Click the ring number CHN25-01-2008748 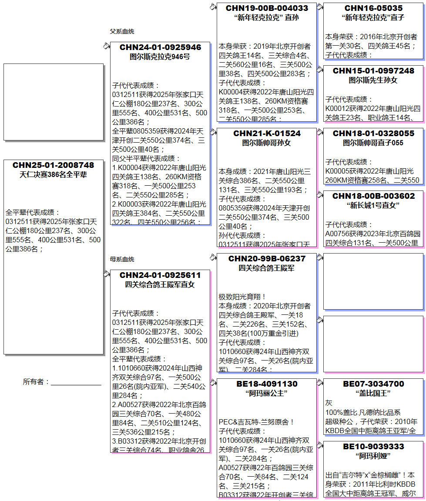[x=53, y=165]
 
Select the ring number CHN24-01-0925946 [x=160, y=47]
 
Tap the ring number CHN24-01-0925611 [x=160, y=275]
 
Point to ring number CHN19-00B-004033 [x=267, y=8]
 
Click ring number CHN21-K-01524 [x=267, y=133]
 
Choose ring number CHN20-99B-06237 [x=267, y=259]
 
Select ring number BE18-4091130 [x=267, y=384]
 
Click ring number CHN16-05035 [x=373, y=8]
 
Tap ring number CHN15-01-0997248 [x=373, y=70]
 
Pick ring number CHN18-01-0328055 [x=373, y=133]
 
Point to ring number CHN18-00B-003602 [x=373, y=196]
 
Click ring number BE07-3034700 [x=373, y=384]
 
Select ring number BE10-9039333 [x=373, y=447]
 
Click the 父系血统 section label [x=122, y=31]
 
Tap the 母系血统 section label [x=122, y=259]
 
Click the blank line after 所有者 [x=76, y=383]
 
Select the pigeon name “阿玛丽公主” [x=267, y=394]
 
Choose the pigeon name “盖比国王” [x=373, y=394]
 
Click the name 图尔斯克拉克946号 [x=160, y=57]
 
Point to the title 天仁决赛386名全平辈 [x=53, y=175]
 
